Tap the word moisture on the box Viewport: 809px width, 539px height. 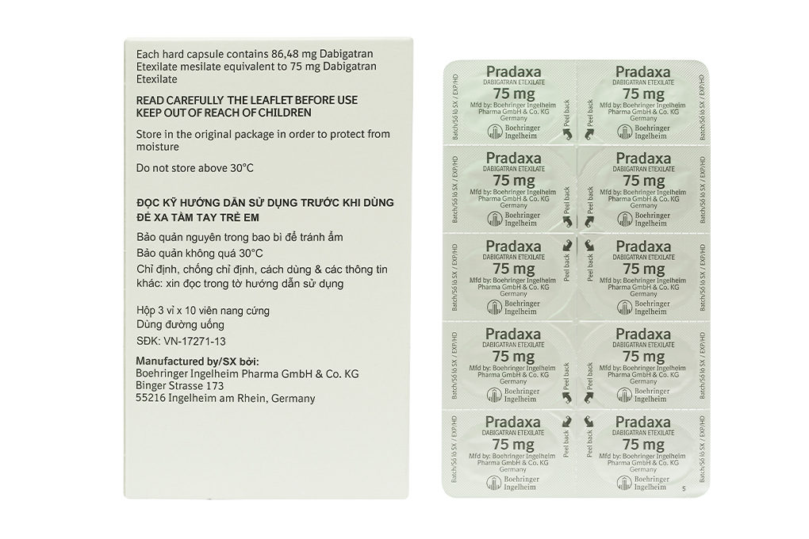tap(158, 147)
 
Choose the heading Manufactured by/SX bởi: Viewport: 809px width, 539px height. tap(192, 361)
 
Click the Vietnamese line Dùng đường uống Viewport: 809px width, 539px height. tap(180, 324)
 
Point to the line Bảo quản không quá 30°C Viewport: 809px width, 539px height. tap(200, 253)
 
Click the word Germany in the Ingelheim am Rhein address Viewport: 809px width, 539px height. tap(293, 398)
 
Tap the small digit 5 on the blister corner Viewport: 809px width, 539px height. tap(683, 489)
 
